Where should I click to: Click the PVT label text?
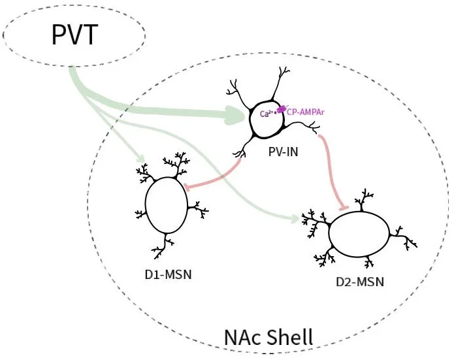pos(75,33)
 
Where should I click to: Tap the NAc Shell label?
pos(269,338)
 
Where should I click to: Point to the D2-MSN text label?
pos(359,282)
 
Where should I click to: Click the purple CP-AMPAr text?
pos(306,112)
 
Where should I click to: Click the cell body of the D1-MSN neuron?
pos(165,205)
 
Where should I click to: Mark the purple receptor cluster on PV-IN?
pos(282,109)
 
